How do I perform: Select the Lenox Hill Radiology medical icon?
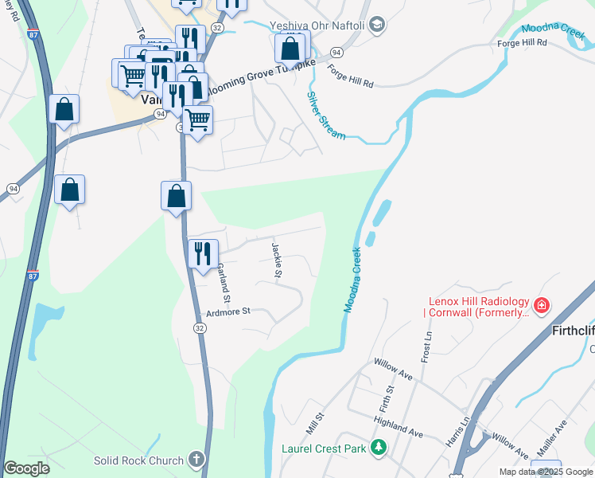(542, 305)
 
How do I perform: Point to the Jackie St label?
(277, 261)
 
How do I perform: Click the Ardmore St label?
(228, 311)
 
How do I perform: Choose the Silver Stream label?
(326, 116)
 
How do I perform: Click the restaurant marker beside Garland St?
(203, 254)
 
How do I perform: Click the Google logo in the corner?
(26, 468)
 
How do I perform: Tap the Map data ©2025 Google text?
(546, 472)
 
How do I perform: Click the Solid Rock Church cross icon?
(196, 460)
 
